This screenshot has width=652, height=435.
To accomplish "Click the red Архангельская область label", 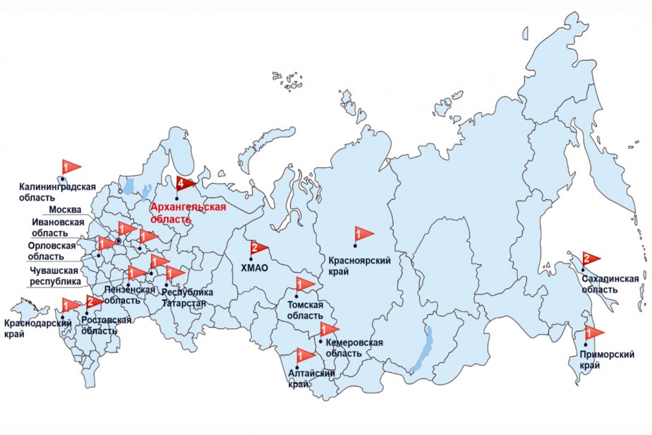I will tap(188, 213).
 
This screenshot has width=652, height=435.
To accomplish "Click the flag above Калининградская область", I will tap(70, 167).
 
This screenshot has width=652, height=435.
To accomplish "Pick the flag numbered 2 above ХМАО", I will tap(258, 249).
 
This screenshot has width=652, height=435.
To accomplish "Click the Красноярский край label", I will tap(360, 265).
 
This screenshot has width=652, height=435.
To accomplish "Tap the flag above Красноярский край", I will tap(363, 233).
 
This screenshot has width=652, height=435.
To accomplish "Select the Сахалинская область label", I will tap(610, 284).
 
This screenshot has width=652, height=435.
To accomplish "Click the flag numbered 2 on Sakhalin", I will tap(589, 258).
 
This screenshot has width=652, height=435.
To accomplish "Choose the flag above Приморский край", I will tap(594, 332).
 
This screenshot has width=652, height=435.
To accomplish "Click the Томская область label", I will tap(305, 310).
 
